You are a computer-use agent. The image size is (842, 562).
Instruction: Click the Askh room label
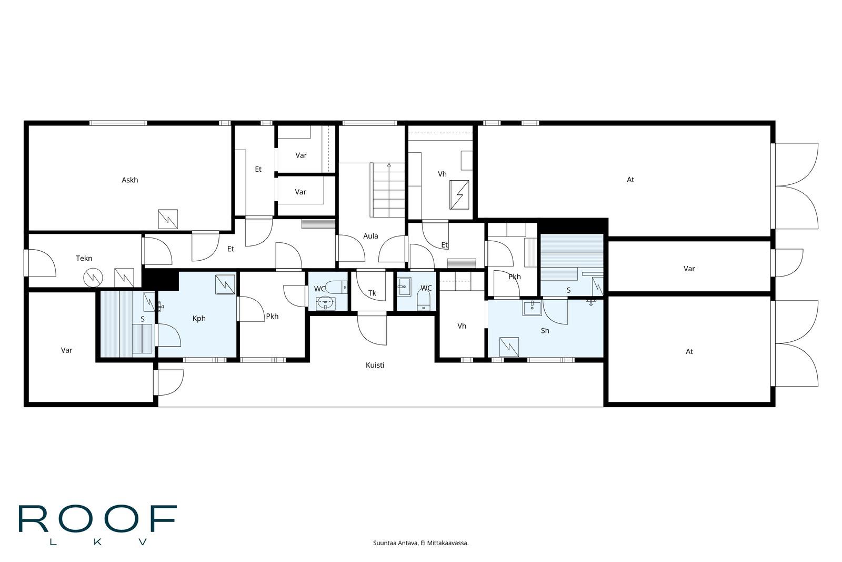(x=129, y=180)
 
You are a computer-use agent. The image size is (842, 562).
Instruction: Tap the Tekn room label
(x=84, y=259)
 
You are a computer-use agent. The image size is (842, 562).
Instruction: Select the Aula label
(x=370, y=236)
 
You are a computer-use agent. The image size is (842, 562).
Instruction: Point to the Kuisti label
(x=375, y=365)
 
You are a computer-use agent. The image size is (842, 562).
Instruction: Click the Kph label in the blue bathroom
(x=199, y=319)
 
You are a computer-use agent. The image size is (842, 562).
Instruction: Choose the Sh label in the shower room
(x=545, y=331)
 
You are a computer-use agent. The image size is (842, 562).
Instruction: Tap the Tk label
(x=372, y=293)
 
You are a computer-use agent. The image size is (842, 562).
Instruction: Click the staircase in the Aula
(x=387, y=190)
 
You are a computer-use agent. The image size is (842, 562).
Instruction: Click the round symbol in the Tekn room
(x=93, y=278)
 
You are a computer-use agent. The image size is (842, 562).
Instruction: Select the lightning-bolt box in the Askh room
(x=168, y=219)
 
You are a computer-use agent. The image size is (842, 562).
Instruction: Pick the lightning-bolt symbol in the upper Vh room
(x=459, y=195)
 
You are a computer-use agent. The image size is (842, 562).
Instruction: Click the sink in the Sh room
(x=532, y=308)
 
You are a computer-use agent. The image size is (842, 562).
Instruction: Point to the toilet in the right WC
(x=424, y=301)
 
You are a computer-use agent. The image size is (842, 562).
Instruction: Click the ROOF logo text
(x=98, y=519)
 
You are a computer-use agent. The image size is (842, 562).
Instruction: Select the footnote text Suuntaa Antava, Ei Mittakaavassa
(x=420, y=543)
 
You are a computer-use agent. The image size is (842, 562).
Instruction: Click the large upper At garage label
(x=630, y=180)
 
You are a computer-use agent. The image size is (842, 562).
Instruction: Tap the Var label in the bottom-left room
(x=66, y=350)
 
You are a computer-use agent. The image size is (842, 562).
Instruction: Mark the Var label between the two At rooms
(x=689, y=269)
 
